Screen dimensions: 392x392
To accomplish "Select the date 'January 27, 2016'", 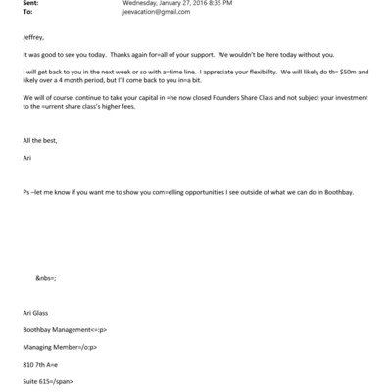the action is pos(213,5).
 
